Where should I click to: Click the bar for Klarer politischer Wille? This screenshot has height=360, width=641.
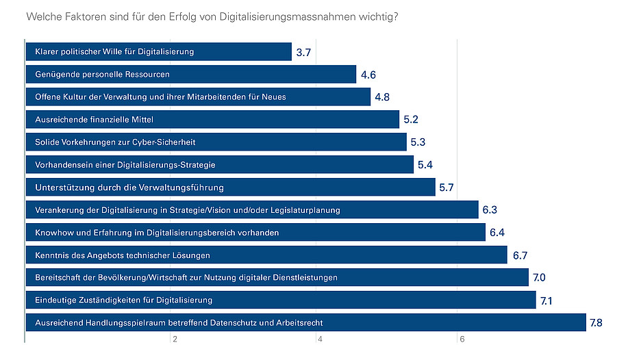[x=158, y=52]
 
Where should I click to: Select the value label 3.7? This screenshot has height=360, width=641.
[x=304, y=52]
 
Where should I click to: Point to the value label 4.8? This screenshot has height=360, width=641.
[x=382, y=97]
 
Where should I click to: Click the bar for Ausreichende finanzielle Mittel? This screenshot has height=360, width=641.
[x=212, y=120]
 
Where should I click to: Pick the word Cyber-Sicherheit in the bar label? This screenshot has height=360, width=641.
[x=179, y=142]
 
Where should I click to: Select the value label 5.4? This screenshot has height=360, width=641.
[x=425, y=165]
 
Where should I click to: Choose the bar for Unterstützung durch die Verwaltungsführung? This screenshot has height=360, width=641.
[x=230, y=188]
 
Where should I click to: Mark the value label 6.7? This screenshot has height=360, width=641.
[x=519, y=255]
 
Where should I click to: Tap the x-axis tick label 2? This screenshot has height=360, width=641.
[x=175, y=339]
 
